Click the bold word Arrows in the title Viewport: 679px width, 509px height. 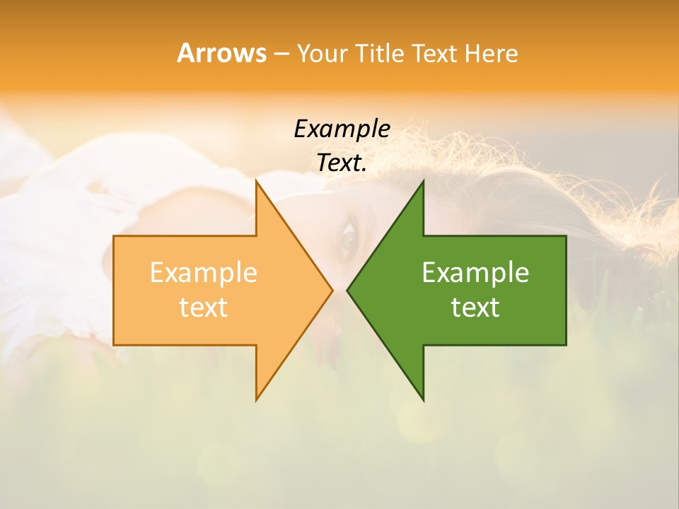221,53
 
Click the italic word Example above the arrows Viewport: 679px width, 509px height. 342,129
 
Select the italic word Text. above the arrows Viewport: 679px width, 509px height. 342,163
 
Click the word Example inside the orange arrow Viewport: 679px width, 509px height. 204,272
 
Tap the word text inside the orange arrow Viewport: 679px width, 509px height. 204,308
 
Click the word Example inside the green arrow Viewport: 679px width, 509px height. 475,272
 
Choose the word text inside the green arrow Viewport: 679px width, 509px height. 475,308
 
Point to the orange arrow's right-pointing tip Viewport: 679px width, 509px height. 331,290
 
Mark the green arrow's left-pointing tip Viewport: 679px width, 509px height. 348,290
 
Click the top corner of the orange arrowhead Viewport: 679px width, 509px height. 256,182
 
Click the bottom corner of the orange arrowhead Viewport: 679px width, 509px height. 256,399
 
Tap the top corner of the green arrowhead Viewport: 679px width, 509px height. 423,182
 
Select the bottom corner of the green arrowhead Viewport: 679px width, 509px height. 423,399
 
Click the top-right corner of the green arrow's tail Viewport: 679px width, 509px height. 565,237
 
